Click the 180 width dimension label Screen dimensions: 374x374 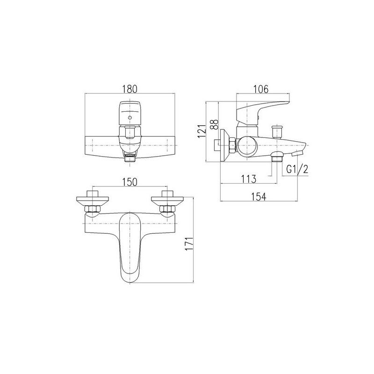(130, 89)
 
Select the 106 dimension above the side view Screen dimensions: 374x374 (260, 89)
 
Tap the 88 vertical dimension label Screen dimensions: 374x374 (215, 124)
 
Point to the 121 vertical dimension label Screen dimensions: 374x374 (201, 131)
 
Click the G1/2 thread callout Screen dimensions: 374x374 (297, 169)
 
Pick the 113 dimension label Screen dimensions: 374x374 (249, 179)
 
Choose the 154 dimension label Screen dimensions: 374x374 (259, 197)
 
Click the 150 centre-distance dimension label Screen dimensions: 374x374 (130, 182)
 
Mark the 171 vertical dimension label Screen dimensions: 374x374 (189, 244)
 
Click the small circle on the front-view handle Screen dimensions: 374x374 (129, 118)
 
